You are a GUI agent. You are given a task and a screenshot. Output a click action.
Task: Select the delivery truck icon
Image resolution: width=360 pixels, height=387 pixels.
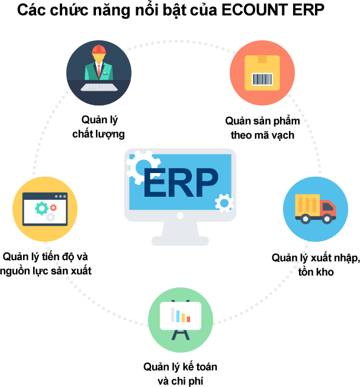point(316,207)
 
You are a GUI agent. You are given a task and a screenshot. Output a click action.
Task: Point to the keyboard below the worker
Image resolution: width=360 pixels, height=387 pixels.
point(98,87)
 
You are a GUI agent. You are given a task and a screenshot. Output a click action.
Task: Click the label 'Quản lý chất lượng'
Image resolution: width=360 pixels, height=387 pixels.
point(98,126)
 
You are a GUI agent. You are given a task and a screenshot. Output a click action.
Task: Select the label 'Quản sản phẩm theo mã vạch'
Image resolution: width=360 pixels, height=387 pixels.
point(263,128)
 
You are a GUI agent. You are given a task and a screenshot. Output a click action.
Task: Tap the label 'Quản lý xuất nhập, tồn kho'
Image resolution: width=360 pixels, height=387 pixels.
point(316,265)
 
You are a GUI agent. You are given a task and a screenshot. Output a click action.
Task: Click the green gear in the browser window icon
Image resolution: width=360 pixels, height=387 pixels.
point(41,207)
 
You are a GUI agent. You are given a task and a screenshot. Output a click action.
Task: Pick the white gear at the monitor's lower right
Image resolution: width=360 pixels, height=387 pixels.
point(223,203)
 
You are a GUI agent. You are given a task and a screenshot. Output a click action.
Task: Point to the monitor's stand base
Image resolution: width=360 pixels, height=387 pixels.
point(180,240)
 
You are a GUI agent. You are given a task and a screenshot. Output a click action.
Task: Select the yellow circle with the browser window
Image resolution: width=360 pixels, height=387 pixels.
point(45,209)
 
